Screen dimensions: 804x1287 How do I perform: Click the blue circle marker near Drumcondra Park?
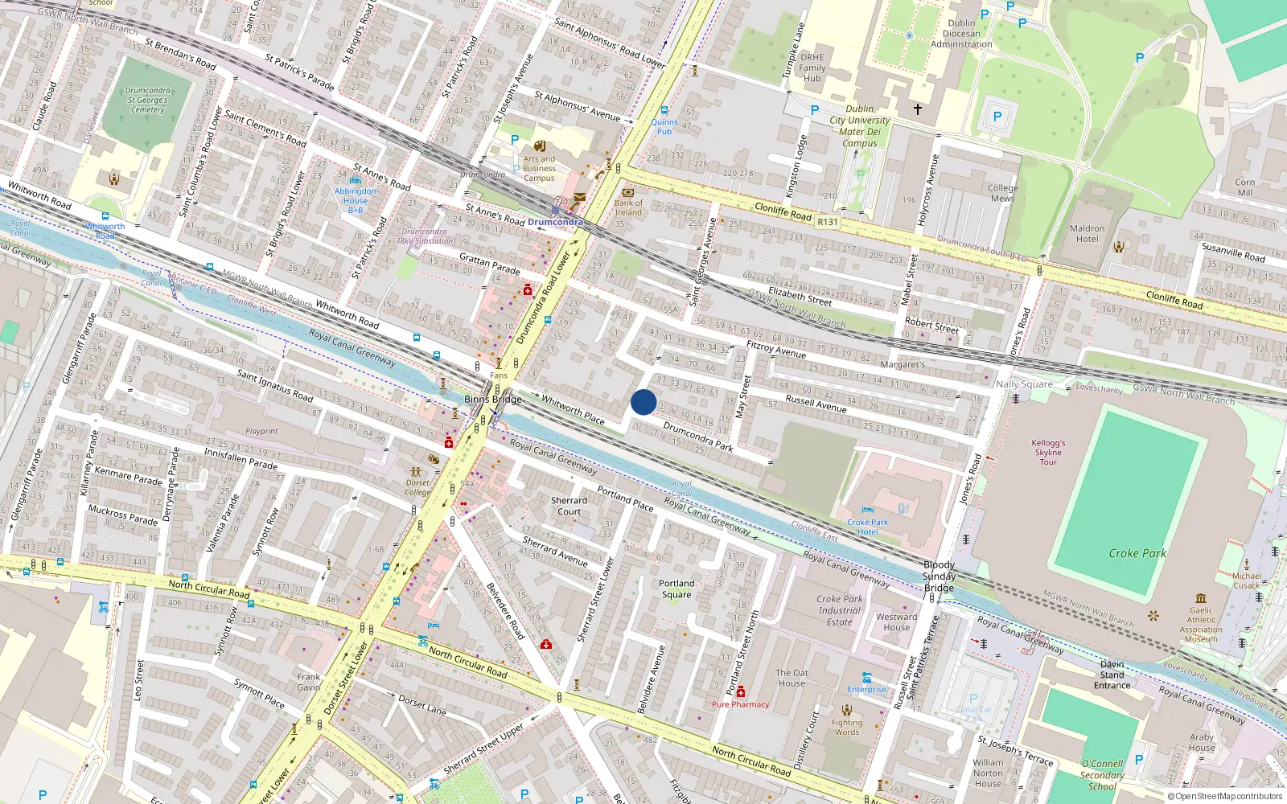(643, 402)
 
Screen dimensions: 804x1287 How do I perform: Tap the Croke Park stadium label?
(1137, 553)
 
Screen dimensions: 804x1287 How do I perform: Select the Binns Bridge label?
(493, 399)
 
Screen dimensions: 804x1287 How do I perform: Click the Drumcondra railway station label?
(555, 222)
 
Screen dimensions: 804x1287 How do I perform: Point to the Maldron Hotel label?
(1087, 233)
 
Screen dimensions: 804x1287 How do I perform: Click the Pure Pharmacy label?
(740, 704)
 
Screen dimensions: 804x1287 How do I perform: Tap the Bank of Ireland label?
(628, 207)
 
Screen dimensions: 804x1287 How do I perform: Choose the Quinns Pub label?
(664, 126)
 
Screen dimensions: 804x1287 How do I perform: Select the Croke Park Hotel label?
(867, 527)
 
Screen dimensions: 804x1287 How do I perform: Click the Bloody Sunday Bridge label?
(939, 576)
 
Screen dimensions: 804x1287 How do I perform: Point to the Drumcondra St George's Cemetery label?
(147, 100)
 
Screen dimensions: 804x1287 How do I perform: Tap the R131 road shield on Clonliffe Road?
(827, 221)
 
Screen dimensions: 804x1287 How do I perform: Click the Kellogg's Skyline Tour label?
(1048, 452)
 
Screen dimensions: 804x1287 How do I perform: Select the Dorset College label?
(417, 487)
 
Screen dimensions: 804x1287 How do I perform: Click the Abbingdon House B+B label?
(355, 200)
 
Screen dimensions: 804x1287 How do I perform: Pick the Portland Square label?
(676, 589)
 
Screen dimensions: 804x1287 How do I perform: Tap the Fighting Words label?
(846, 727)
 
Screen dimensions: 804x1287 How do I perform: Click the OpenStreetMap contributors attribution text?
(1224, 796)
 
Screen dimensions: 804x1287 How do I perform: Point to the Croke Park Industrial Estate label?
(839, 610)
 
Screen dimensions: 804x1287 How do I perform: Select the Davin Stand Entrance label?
(1112, 675)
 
